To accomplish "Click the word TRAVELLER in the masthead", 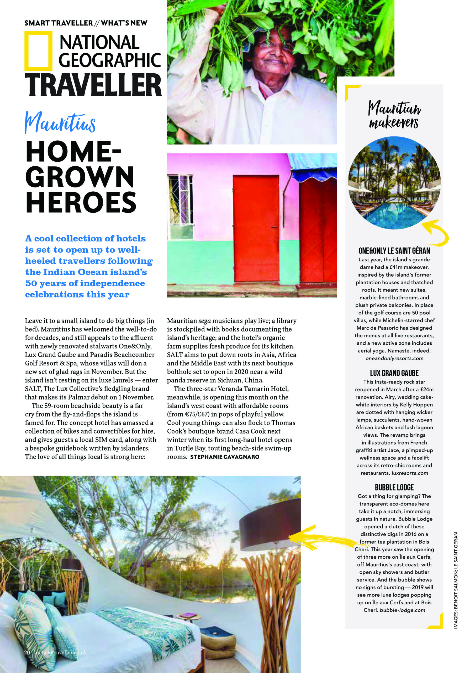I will coord(93,85).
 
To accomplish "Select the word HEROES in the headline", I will coord(81,202).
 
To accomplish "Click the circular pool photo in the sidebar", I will coord(394,183).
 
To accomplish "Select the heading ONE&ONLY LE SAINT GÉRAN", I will coord(394,251).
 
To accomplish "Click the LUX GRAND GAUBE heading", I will coord(394,373).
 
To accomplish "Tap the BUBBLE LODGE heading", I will coord(394,487).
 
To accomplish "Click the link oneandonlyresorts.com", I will coord(394,358).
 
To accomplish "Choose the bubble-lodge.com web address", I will coord(402,610).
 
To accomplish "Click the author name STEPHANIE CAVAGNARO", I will coord(224,457).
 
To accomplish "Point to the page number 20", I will coord(27,652).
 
